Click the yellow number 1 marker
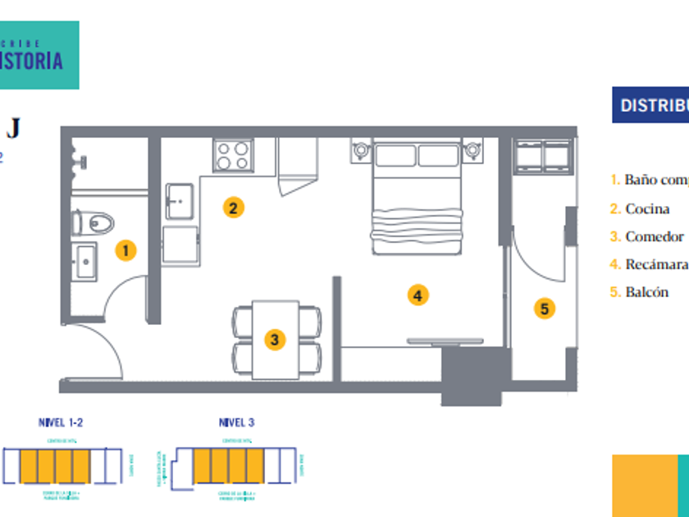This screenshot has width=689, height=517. click(x=125, y=250)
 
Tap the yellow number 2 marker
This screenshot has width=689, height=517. click(x=234, y=208)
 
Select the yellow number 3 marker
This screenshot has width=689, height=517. click(x=275, y=339)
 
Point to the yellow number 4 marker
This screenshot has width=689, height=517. click(x=418, y=295)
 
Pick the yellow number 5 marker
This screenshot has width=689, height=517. click(x=544, y=309)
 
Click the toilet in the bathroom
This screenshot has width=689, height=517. click(x=95, y=222)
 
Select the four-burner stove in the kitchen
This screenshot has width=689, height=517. click(x=233, y=154)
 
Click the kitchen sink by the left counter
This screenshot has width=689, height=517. click(x=180, y=199)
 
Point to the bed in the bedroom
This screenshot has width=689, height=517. click(x=418, y=197)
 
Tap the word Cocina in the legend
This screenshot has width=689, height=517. click(x=647, y=208)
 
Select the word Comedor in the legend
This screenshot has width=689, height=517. click(x=654, y=236)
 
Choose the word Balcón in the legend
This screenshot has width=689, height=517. click(x=646, y=291)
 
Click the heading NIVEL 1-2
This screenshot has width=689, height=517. click(x=61, y=423)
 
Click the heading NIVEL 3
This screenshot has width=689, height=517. click(x=236, y=423)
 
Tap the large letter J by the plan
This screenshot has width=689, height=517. click(x=13, y=128)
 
